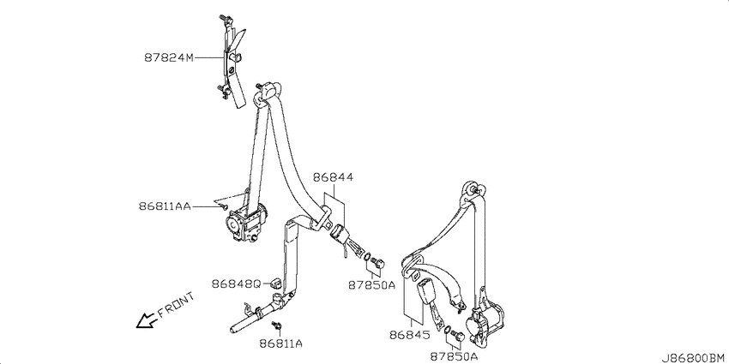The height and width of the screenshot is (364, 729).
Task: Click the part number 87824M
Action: (168, 58)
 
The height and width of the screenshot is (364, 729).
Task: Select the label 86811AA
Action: (165, 206)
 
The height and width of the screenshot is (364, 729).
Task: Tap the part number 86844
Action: (333, 177)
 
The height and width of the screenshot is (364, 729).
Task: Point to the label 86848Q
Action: (236, 283)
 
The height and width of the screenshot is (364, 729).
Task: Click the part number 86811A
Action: (281, 343)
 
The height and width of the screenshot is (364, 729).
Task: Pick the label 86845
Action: (410, 335)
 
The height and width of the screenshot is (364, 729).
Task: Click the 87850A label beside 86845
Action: (454, 356)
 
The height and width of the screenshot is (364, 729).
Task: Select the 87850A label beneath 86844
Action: (371, 284)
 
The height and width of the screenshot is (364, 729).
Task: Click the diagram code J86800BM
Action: (695, 357)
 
